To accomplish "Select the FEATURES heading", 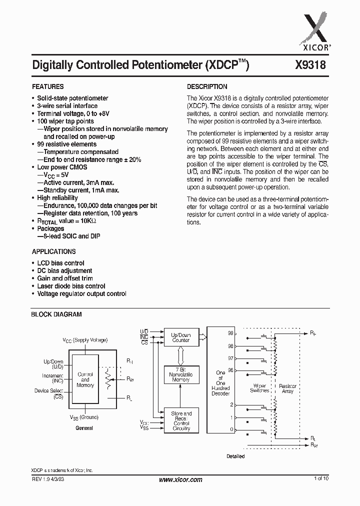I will [x=48, y=86].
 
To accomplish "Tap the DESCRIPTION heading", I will [x=207, y=86].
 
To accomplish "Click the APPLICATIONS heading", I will [x=54, y=251].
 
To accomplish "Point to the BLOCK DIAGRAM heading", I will [x=56, y=314].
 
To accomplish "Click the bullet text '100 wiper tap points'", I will [x=65, y=121].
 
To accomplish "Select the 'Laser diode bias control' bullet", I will [x=71, y=286].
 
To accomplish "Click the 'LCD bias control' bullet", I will [x=60, y=263].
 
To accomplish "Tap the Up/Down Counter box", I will [x=181, y=337].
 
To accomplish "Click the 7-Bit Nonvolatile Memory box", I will [x=181, y=374].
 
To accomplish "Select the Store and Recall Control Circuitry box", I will [x=181, y=420].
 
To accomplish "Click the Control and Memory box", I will [x=85, y=379].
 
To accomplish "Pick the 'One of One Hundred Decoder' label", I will [x=220, y=383].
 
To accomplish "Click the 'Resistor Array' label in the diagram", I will [x=287, y=389].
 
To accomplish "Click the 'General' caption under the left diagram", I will [x=84, y=428].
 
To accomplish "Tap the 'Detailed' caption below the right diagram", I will [x=235, y=456].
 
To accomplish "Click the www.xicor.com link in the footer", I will [x=180, y=479].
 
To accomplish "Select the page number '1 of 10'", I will [x=321, y=479].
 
